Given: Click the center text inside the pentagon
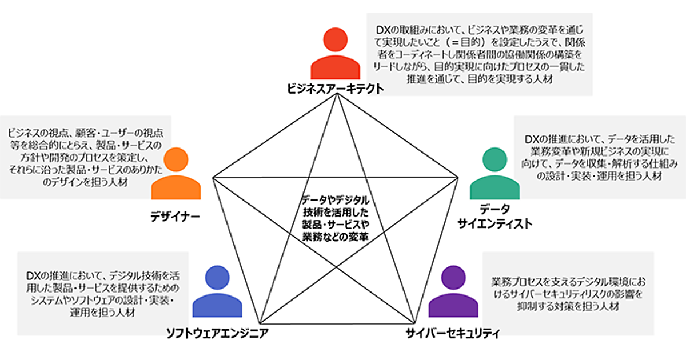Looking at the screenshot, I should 336,218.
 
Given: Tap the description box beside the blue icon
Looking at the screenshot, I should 103,293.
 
